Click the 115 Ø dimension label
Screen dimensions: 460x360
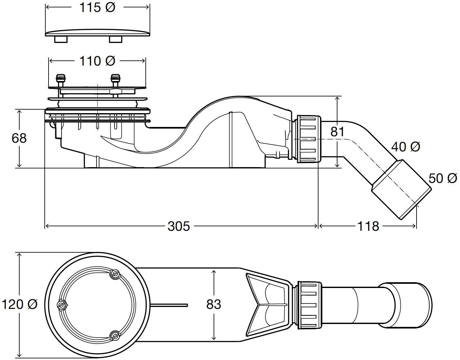[97, 8]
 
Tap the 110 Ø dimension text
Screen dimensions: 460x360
[97, 61]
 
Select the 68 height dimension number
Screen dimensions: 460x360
[19, 138]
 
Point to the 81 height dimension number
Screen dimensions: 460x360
[337, 131]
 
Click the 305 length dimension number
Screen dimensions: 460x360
[179, 226]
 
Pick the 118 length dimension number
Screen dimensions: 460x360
[368, 226]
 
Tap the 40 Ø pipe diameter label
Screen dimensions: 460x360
[406, 147]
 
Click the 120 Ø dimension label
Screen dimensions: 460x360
[19, 304]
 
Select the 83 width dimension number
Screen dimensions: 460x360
[214, 304]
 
